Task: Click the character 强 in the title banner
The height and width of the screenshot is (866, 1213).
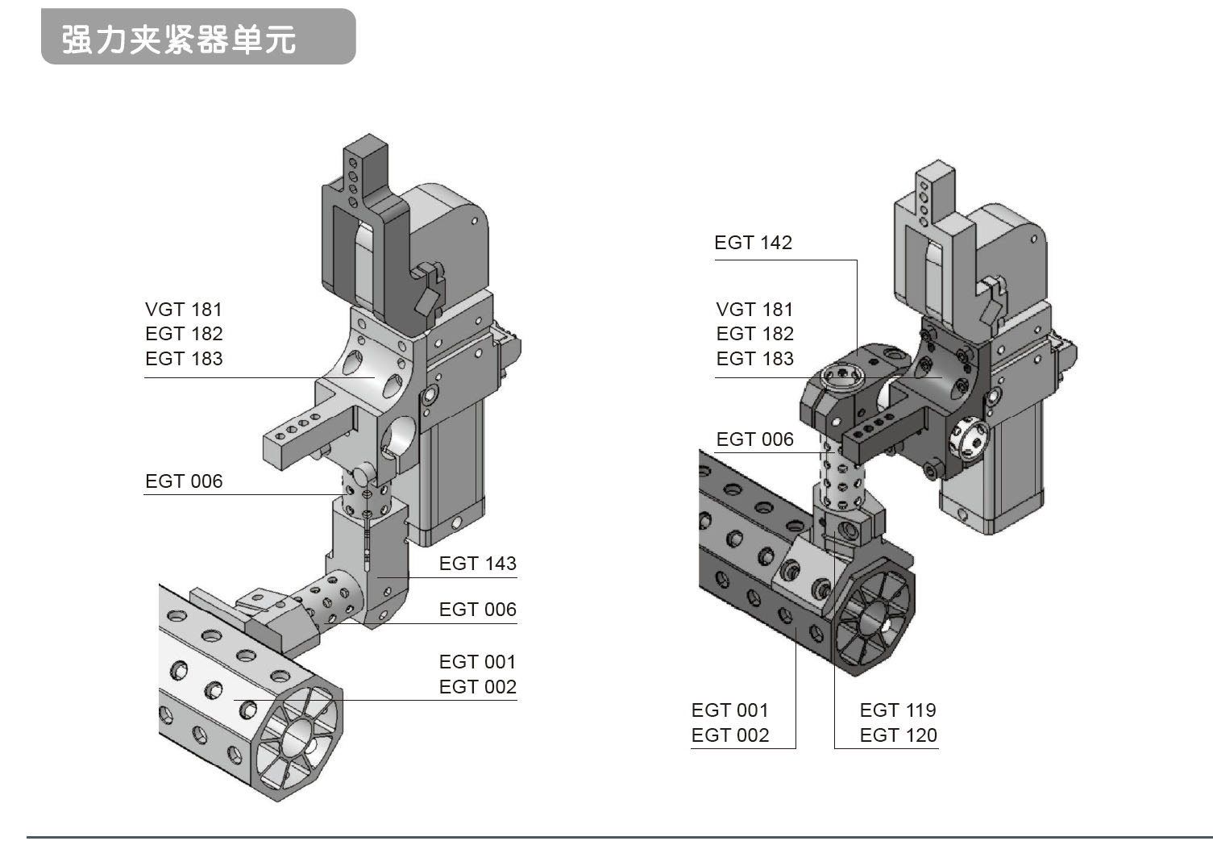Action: (x=76, y=40)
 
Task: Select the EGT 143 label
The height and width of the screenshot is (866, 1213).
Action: (x=477, y=564)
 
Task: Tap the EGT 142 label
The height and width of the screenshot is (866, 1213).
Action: (x=753, y=243)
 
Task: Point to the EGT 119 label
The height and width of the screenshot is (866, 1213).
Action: (x=898, y=710)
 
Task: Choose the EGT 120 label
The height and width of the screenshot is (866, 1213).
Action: (x=898, y=735)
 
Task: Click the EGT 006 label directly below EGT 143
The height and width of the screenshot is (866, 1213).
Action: (x=477, y=610)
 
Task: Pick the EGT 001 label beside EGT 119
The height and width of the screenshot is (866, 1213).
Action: (x=729, y=710)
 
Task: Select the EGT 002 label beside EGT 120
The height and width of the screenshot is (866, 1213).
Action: (x=729, y=735)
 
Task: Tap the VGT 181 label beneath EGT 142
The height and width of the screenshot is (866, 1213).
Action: (x=754, y=310)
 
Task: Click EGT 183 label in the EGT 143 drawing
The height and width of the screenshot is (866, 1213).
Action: (x=184, y=359)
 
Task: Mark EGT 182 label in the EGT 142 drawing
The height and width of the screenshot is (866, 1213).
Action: (x=754, y=334)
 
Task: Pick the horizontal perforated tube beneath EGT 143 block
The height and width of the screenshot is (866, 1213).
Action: (x=326, y=601)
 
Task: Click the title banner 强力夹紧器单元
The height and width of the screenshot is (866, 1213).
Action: (x=197, y=37)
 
